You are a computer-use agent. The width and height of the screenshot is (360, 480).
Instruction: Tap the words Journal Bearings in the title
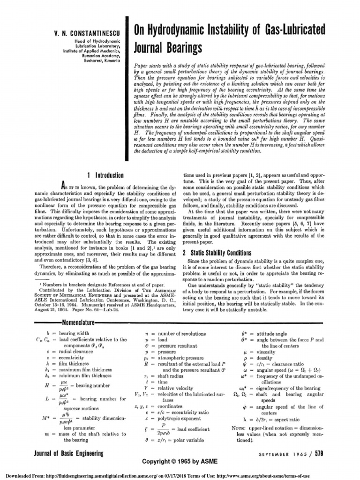(168, 47)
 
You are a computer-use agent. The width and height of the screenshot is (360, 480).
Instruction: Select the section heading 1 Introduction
(103, 175)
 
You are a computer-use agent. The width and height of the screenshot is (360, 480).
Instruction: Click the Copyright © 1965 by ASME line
(180, 462)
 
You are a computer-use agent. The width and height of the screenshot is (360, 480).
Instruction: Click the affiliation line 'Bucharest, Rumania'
(102, 61)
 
